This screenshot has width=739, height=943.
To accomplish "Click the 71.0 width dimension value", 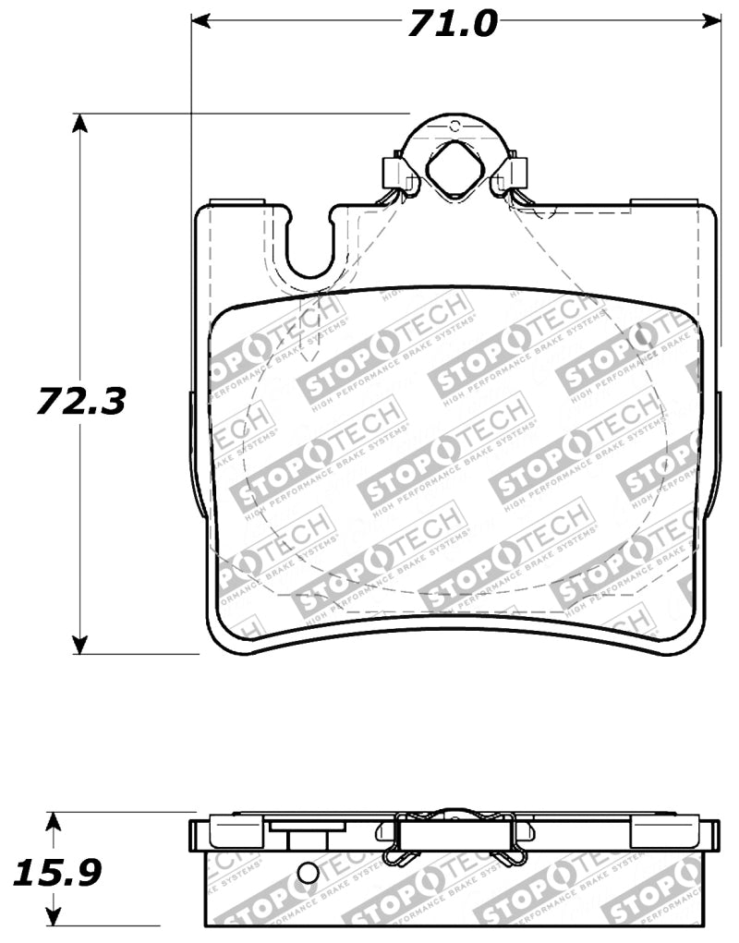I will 454,22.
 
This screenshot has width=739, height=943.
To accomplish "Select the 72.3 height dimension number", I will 81,401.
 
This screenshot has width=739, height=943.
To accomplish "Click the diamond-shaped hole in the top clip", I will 453,169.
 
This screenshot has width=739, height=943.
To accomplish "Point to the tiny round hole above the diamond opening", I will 454,125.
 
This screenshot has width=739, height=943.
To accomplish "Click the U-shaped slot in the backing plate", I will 310,244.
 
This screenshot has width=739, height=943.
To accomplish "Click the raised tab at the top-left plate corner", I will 237,200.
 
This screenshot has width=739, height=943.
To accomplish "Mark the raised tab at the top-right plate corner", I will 660,200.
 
